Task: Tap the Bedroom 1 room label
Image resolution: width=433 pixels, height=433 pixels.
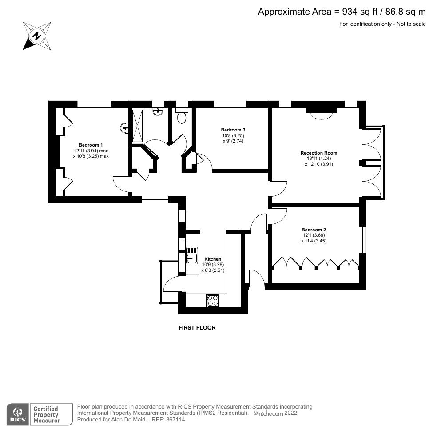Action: pyautogui.click(x=91, y=145)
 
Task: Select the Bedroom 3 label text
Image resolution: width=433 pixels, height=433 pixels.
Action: pyautogui.click(x=233, y=130)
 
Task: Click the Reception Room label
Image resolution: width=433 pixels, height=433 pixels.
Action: pyautogui.click(x=316, y=153)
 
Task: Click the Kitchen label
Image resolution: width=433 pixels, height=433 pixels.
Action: pyautogui.click(x=212, y=259)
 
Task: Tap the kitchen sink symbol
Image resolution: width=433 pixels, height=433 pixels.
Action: pyautogui.click(x=191, y=256)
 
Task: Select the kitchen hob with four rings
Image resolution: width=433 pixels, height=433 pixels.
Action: pyautogui.click(x=212, y=301)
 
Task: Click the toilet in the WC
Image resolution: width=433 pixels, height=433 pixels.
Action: pyautogui.click(x=181, y=117)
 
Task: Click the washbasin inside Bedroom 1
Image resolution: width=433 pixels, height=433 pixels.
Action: pyautogui.click(x=125, y=128)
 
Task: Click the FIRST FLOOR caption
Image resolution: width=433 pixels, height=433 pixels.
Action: pyautogui.click(x=197, y=328)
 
